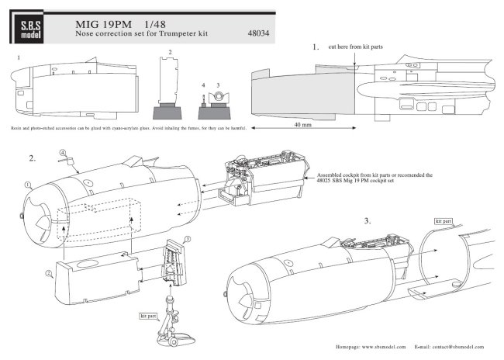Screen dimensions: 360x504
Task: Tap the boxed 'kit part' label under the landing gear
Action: click(x=148, y=318)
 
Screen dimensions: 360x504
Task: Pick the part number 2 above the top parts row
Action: click(x=170, y=51)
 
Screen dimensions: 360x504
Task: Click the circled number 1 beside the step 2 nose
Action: click(x=28, y=185)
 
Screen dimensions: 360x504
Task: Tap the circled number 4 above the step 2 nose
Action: click(x=60, y=152)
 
